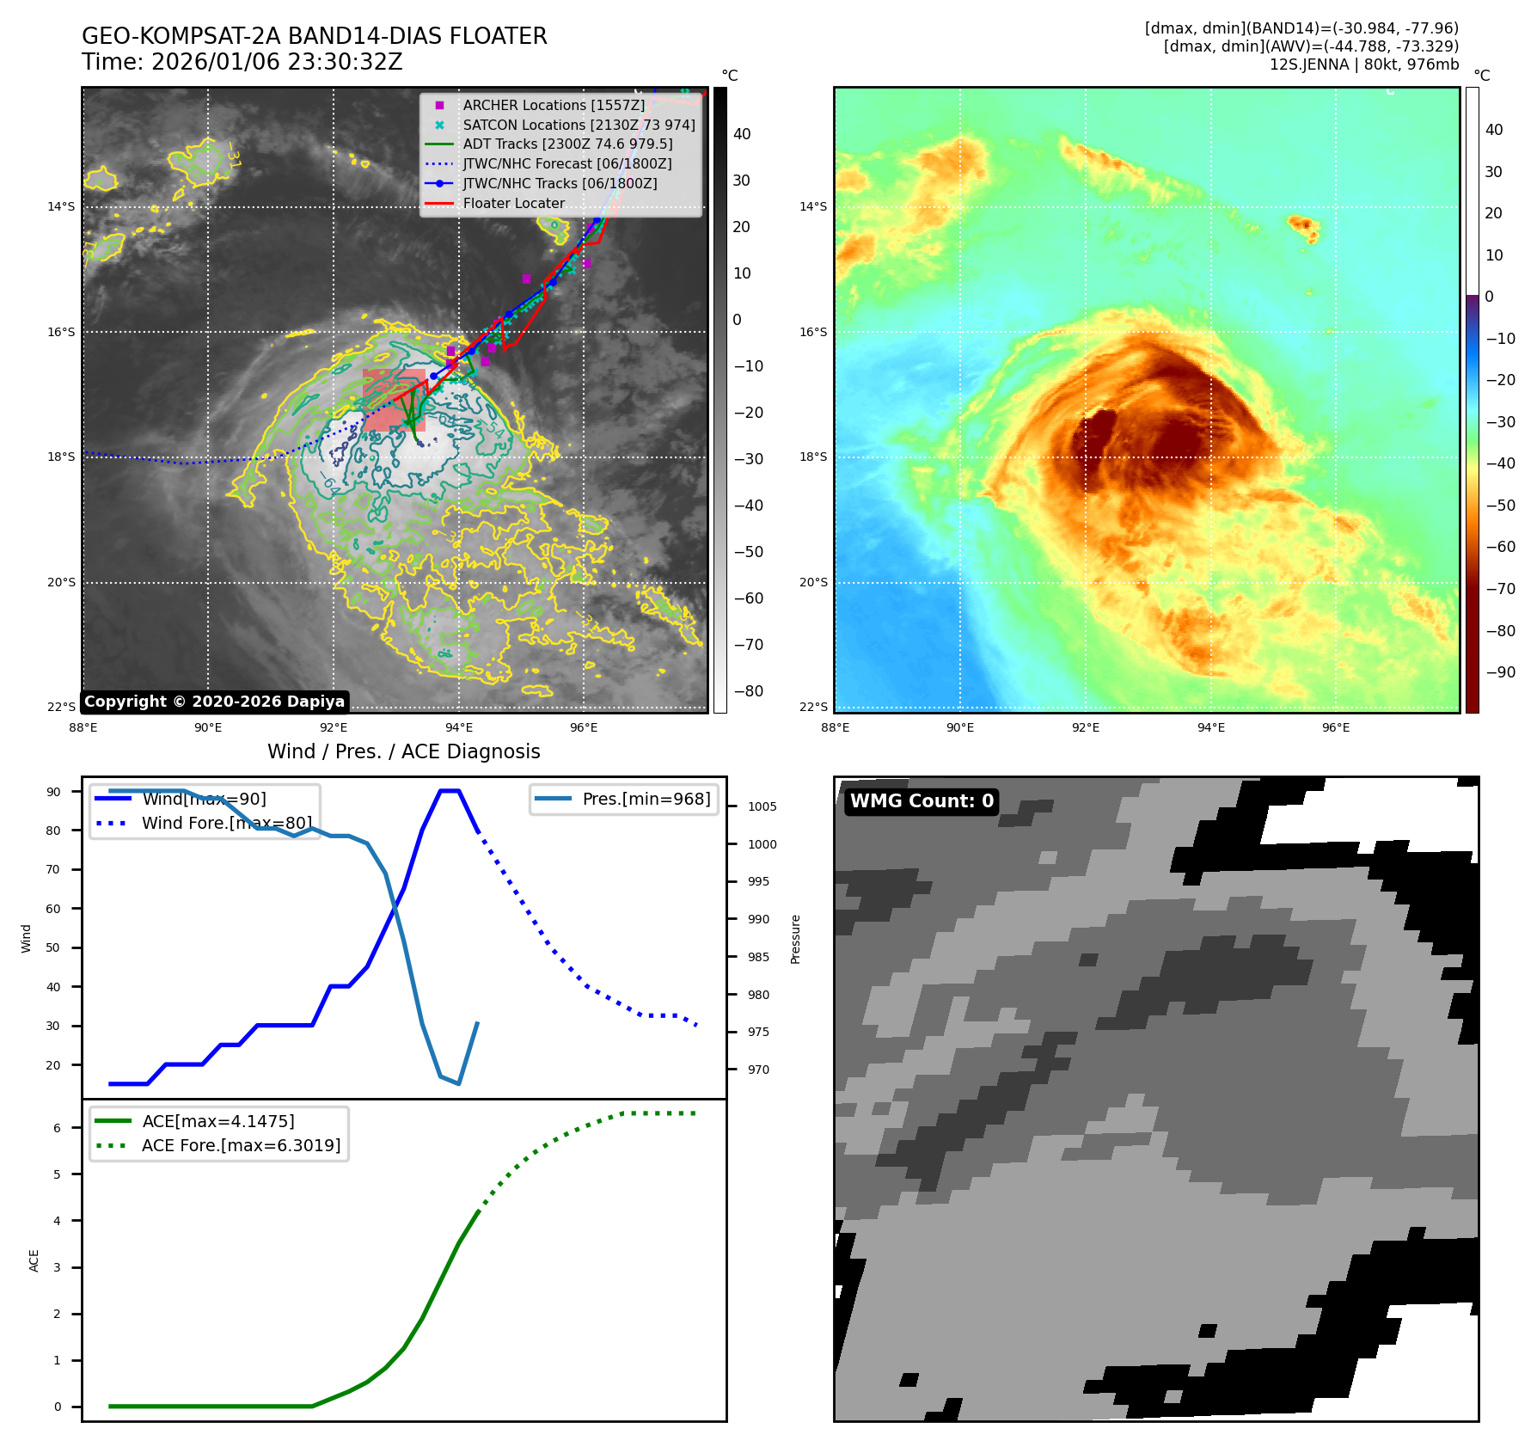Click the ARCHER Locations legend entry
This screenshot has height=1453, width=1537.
tap(554, 105)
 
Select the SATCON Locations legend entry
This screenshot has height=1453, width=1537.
tap(579, 125)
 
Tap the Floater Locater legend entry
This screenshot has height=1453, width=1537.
tap(513, 204)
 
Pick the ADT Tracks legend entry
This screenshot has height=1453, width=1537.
tap(567, 144)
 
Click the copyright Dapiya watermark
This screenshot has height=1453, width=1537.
tap(214, 702)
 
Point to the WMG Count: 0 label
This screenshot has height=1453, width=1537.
tap(922, 801)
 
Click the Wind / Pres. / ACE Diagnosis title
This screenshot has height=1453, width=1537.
tap(404, 751)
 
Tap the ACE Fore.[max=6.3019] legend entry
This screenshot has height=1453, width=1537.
tap(241, 1145)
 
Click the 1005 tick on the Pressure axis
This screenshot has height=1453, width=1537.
tap(762, 806)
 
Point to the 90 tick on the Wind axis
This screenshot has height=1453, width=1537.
tap(54, 792)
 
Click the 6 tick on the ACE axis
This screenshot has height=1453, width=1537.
tap(58, 1128)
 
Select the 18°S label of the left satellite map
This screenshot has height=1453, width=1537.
tap(61, 457)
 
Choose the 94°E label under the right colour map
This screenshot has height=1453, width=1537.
tap(1210, 727)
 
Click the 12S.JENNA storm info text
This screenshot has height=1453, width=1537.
tap(1363, 64)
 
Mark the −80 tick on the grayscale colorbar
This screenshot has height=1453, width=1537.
tap(748, 691)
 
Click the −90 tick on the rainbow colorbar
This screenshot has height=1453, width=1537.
tap(1501, 672)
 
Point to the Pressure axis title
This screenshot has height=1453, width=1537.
tap(796, 939)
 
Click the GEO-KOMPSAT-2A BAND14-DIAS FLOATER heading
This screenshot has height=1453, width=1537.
tap(315, 36)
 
